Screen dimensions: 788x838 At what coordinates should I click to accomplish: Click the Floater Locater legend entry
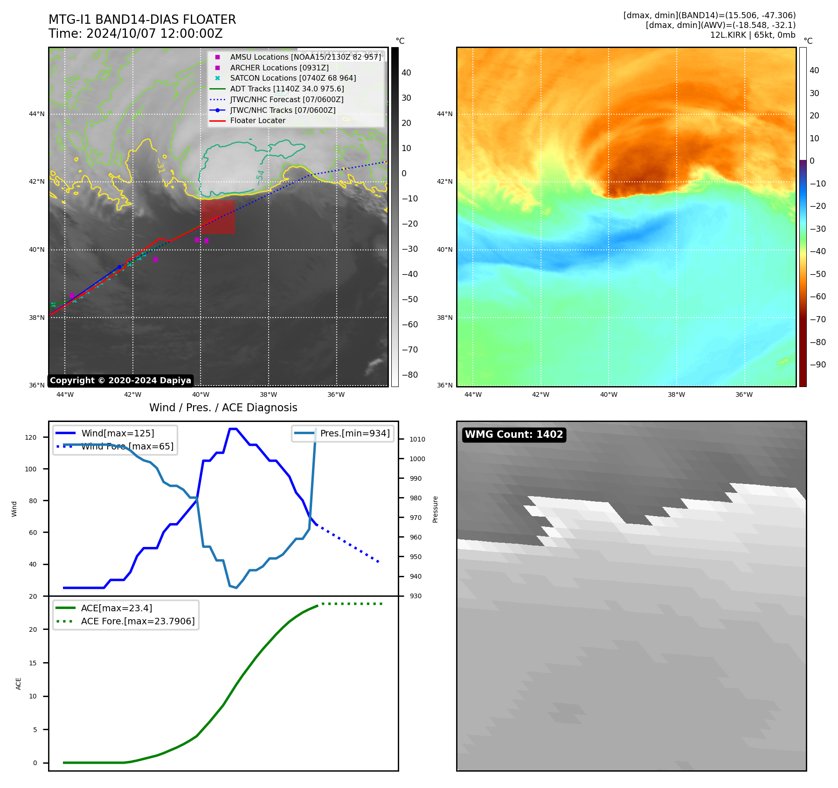coord(257,121)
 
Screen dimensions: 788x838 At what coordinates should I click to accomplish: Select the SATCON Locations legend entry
coord(292,78)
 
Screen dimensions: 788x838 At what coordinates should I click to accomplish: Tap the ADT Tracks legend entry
coord(287,89)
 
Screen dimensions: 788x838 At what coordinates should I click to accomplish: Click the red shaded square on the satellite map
coord(218,217)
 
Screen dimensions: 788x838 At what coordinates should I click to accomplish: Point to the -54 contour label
coord(260,177)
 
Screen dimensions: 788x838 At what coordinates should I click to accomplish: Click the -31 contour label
coord(160,165)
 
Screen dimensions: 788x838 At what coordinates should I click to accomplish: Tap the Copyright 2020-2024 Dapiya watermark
coord(120,380)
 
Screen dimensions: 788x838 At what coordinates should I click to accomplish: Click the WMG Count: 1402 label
coord(514,435)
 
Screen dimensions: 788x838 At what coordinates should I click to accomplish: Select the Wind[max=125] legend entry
coord(118,433)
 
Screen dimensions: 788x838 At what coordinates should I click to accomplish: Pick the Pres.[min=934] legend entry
coord(354,433)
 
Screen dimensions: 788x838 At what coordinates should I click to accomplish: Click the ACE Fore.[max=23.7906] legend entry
coord(138,621)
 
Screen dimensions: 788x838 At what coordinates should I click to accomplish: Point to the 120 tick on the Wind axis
coord(31,437)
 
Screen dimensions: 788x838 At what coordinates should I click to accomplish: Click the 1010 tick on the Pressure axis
coord(417,439)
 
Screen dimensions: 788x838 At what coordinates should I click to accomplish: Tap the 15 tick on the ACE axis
coord(33,663)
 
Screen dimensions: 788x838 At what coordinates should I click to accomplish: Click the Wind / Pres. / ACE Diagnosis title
coord(223,408)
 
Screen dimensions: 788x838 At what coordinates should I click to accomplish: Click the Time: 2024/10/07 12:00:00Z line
coord(135,34)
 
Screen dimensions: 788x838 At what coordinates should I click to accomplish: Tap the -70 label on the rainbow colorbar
coord(817,319)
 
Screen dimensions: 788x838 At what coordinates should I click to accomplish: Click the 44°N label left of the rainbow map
coord(444,114)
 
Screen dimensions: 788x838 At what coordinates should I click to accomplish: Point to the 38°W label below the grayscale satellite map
coord(269,394)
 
